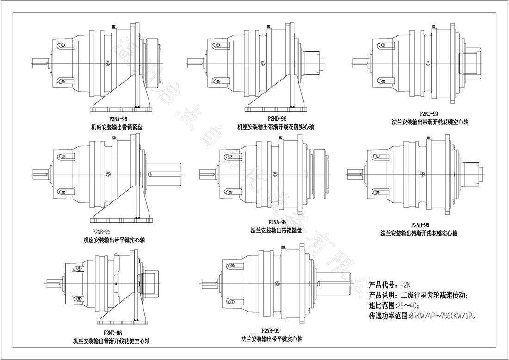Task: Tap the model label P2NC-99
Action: [428, 113]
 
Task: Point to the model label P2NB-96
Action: [101, 232]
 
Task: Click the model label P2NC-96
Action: [112, 333]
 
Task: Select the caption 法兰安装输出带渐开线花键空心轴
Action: [430, 122]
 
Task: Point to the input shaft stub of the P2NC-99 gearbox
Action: [360, 62]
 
